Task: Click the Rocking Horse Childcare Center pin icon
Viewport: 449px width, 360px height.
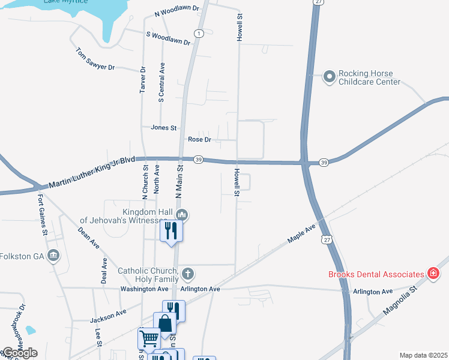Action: pyautogui.click(x=329, y=77)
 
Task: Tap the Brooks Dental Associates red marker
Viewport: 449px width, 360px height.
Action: pyautogui.click(x=433, y=274)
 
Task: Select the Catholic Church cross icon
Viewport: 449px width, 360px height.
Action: pyautogui.click(x=188, y=274)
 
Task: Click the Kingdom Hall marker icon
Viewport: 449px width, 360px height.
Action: pyautogui.click(x=184, y=214)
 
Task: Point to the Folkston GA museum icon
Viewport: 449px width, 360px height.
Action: pyautogui.click(x=54, y=256)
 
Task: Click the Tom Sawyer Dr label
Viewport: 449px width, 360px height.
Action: pyautogui.click(x=95, y=59)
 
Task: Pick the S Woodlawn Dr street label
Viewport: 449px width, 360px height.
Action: pyautogui.click(x=168, y=38)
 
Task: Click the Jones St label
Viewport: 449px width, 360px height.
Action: pyautogui.click(x=164, y=128)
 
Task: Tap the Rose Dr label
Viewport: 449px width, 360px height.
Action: pyautogui.click(x=200, y=139)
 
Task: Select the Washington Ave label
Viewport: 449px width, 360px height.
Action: pyautogui.click(x=144, y=289)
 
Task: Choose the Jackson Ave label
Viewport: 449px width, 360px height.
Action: pyautogui.click(x=108, y=316)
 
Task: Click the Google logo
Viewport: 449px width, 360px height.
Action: pyautogui.click(x=19, y=353)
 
